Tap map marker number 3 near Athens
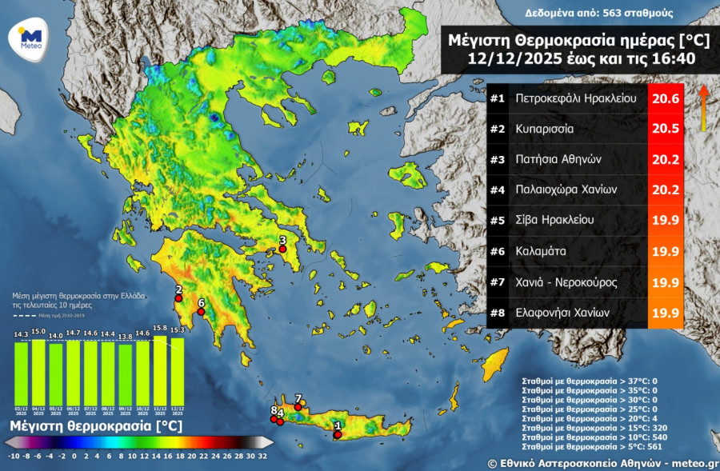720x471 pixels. pyautogui.click(x=282, y=249)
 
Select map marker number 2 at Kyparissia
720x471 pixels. pyautogui.click(x=179, y=298)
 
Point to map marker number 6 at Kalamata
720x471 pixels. pyautogui.click(x=201, y=312)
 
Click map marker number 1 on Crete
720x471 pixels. pyautogui.click(x=338, y=434)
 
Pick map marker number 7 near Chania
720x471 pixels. pyautogui.click(x=298, y=407)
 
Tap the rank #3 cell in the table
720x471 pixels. pyautogui.click(x=497, y=160)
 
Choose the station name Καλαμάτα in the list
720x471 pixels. pyautogui.click(x=542, y=251)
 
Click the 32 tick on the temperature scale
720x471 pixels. pyautogui.click(x=263, y=457)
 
